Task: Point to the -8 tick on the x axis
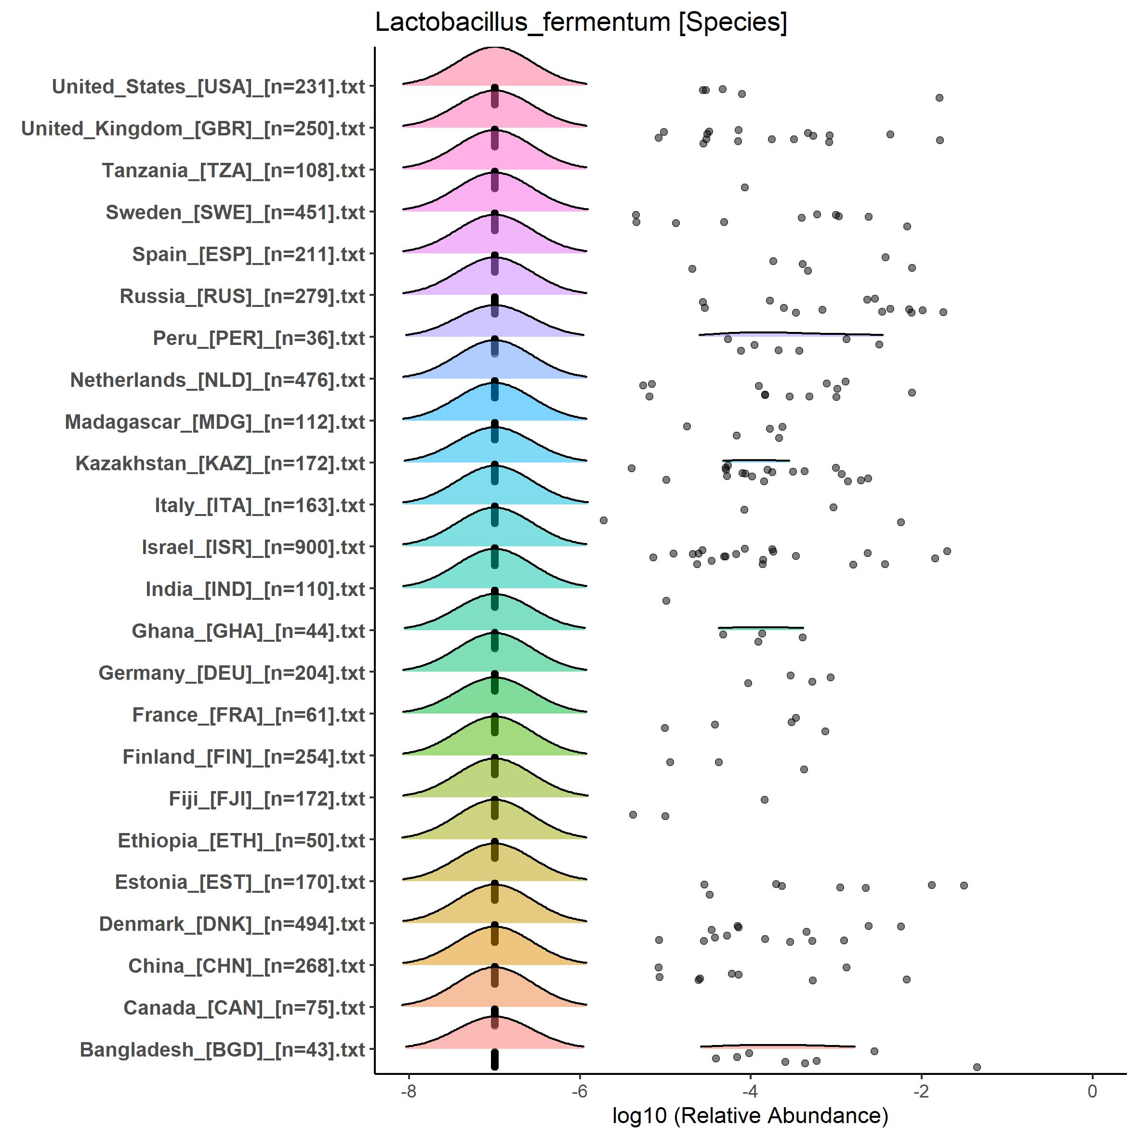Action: click(408, 1091)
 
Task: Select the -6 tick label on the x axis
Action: click(580, 1091)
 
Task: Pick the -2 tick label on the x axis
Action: click(921, 1091)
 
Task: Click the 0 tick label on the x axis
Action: click(1092, 1091)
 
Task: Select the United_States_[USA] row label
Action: click(209, 87)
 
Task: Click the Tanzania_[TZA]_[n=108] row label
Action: click(233, 171)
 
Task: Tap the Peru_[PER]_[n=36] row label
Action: click(259, 338)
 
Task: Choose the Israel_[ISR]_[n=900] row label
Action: click(253, 547)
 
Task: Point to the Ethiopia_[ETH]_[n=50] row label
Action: click(241, 841)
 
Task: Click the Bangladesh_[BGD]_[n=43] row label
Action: click(223, 1050)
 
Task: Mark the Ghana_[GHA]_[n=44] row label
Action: click(249, 631)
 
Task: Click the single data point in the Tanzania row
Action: click(744, 187)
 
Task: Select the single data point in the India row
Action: click(666, 601)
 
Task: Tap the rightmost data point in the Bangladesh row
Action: click(977, 1067)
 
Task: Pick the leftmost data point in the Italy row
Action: click(603, 520)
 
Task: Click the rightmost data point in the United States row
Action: click(940, 98)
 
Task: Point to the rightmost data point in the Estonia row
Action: click(964, 886)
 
